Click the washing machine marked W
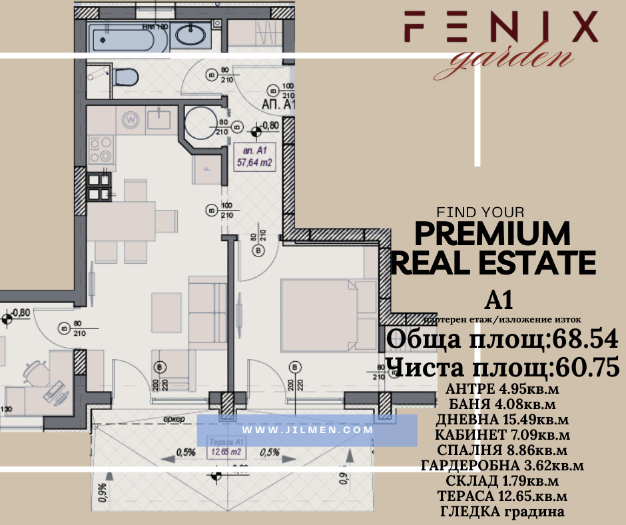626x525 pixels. pos(131,121)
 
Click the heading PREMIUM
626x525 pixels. pos(493,235)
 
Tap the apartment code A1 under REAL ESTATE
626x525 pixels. pos(497,300)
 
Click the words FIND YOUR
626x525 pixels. pos(479,213)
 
